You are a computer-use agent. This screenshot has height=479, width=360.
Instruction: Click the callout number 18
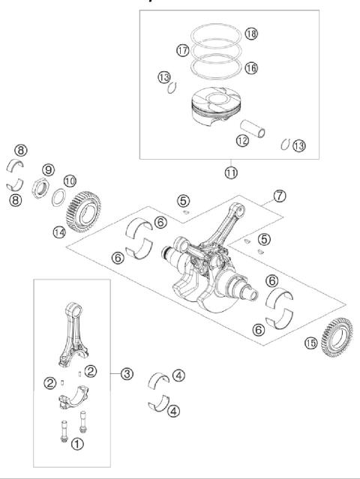coord(251,34)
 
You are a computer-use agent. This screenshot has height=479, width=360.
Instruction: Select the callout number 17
coord(182,50)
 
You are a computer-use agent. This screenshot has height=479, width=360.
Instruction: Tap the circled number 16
coord(251,67)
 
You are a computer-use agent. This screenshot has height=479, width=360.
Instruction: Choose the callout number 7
coord(280,196)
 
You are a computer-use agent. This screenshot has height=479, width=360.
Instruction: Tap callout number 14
coord(58,232)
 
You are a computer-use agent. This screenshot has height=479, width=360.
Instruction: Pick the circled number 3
coord(128,373)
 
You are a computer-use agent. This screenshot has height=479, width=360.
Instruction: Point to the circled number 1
coord(77,445)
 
